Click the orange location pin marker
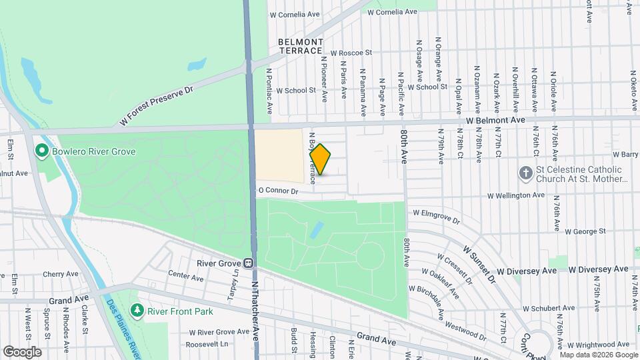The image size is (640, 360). click(320, 159)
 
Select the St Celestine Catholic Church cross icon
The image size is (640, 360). click(526, 174)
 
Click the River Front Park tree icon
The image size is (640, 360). click(137, 310)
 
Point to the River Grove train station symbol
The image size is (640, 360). click(248, 263)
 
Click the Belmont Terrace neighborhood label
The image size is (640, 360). click(301, 46)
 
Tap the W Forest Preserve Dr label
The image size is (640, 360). click(155, 106)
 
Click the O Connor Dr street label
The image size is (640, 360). click(277, 191)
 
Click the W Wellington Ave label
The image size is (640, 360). click(516, 195)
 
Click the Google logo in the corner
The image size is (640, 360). click(22, 351)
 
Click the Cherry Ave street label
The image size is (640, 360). click(62, 274)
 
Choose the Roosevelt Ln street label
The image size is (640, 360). click(207, 345)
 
